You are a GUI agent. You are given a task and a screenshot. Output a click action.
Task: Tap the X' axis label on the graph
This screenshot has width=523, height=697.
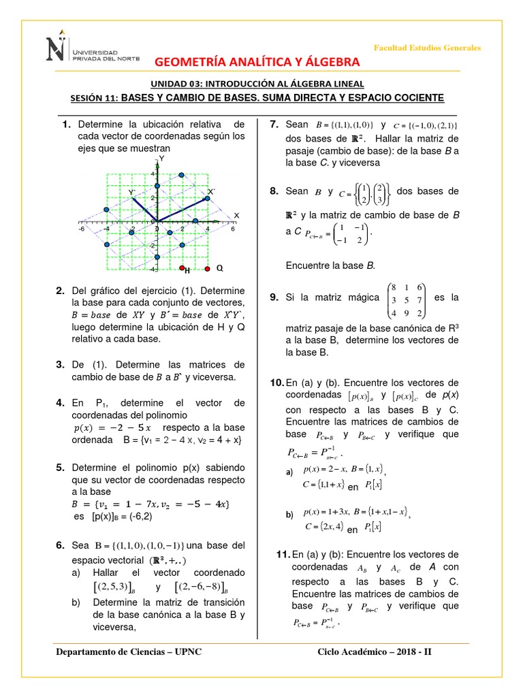[x=211, y=193]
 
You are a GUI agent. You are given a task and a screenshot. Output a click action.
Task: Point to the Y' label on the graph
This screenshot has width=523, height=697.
[x=131, y=193]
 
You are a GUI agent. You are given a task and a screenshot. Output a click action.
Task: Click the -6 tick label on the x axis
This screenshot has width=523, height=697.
[x=81, y=229]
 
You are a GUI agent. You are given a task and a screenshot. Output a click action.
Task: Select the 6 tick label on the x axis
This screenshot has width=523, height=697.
[x=232, y=229]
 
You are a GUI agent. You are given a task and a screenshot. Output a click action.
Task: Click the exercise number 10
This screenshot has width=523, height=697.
[x=277, y=383]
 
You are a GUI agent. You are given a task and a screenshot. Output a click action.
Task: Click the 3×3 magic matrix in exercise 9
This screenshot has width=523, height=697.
[x=407, y=301]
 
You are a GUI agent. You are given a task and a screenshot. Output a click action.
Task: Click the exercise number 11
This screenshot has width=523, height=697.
[x=284, y=554]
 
